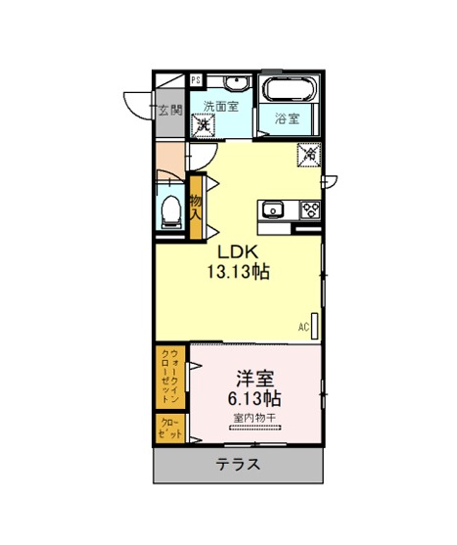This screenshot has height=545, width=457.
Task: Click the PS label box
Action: click(196, 80)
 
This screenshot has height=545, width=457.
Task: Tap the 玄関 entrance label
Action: click(170, 111)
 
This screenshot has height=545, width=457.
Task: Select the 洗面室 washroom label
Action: click(221, 106)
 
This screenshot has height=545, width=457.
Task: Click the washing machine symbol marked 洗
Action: click(203, 125)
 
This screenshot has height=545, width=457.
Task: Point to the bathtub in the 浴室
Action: click(289, 88)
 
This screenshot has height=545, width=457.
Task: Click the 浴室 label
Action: click(287, 118)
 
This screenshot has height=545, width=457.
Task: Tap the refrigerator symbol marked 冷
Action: click(309, 155)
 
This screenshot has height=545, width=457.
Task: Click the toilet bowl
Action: click(171, 211)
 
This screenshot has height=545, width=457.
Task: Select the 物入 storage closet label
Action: click(196, 207)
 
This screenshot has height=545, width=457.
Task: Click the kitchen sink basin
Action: click(273, 210)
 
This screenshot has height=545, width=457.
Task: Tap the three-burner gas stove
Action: click(310, 210)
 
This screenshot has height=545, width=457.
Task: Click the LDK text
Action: click(238, 252)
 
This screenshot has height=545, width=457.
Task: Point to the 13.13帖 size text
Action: click(239, 271)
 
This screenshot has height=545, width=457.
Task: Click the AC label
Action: click(303, 327)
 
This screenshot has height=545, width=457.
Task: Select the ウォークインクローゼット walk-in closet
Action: click(170, 377)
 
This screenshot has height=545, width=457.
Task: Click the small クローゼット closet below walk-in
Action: click(170, 429)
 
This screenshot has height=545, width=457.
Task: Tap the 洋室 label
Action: click(255, 379)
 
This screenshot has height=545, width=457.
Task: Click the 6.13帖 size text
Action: click(254, 398)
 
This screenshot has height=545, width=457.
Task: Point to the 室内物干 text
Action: click(254, 418)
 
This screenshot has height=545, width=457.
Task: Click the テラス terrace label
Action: click(238, 465)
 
